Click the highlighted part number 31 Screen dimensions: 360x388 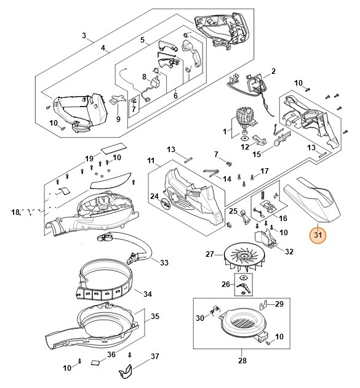(318, 235)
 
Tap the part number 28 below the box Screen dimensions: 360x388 (242, 360)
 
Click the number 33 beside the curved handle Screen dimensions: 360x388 (164, 262)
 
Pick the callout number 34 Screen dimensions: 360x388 (147, 294)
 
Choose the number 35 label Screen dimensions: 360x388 (155, 316)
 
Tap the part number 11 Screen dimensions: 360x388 (151, 161)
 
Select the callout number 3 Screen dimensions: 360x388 (84, 35)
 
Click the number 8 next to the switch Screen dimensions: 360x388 (144, 77)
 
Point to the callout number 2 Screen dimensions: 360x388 (273, 71)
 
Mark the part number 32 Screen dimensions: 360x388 (289, 251)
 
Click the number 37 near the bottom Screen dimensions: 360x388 (155, 357)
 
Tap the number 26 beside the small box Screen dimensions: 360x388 (226, 285)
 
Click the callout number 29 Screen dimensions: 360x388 (279, 304)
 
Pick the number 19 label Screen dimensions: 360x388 (89, 159)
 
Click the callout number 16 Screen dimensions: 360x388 (283, 218)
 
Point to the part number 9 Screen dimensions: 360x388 (118, 119)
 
